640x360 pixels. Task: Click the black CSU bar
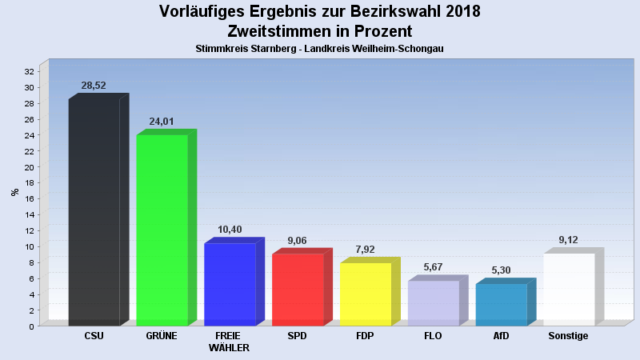point(94,212)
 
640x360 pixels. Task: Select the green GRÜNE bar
point(162,230)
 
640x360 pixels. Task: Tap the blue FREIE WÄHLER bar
point(230,284)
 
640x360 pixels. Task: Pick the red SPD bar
point(298,290)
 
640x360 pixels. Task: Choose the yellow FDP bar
point(366,294)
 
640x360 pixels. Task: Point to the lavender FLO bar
point(434,303)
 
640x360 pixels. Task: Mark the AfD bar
point(501,305)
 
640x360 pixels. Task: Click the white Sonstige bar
point(569,290)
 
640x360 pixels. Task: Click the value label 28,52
point(94,86)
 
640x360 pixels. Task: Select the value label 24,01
point(162,122)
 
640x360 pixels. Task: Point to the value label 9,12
point(569,240)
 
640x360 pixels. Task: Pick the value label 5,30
point(501,270)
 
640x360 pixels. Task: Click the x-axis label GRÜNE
point(162,336)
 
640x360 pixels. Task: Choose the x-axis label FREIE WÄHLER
point(230,342)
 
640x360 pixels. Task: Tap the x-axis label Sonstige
point(569,336)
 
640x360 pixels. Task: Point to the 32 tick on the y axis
point(30,72)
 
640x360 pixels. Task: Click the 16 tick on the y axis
point(30,199)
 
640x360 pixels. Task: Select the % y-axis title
point(14,192)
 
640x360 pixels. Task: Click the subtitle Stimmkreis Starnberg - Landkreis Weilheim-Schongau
point(319,49)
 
